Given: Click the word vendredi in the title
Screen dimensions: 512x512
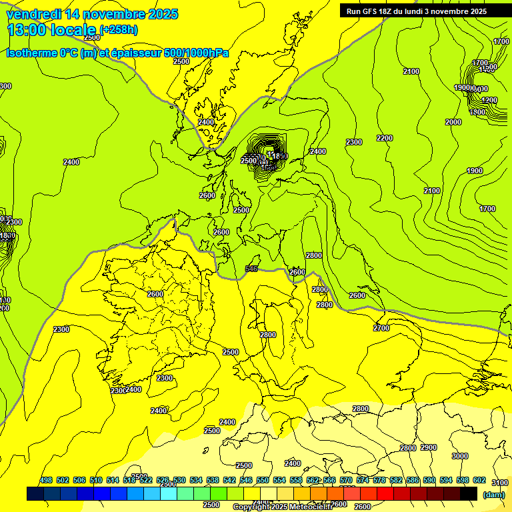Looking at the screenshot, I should (x=34, y=14).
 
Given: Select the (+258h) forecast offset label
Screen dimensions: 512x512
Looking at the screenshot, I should (x=119, y=30).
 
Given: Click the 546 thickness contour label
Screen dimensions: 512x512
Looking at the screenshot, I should (x=251, y=269).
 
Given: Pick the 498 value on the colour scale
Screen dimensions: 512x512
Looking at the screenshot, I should (x=46, y=480).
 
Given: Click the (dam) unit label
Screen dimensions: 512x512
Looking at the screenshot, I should (x=494, y=495).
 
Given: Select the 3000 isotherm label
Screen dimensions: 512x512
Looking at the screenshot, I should (x=459, y=456).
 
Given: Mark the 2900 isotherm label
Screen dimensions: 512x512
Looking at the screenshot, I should (x=429, y=447).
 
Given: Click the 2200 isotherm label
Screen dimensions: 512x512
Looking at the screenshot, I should (x=385, y=138).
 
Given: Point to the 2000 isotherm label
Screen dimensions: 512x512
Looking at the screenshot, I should (x=453, y=122).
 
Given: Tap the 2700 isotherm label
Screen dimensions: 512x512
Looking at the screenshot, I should (x=381, y=328).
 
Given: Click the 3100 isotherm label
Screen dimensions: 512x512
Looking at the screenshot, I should (x=499, y=483).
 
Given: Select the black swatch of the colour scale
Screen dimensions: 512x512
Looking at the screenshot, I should (x=469, y=493).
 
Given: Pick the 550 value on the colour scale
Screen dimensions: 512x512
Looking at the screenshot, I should (x=263, y=480).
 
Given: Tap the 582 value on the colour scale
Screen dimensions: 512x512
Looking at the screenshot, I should (x=396, y=480).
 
